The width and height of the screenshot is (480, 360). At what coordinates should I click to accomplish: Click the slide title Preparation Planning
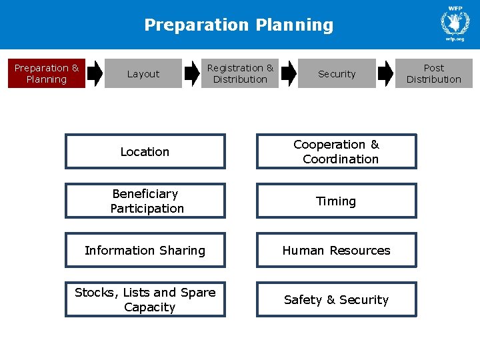click(239, 25)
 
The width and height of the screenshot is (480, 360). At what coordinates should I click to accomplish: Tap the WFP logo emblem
click(455, 22)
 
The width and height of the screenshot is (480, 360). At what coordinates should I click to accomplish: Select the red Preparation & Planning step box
click(47, 73)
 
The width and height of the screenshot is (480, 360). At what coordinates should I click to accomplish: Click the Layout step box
click(143, 74)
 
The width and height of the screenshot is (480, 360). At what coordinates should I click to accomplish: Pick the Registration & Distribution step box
click(240, 73)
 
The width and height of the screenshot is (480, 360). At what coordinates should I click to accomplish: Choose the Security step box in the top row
click(337, 74)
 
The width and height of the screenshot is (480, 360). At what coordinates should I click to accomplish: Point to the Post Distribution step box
click(433, 73)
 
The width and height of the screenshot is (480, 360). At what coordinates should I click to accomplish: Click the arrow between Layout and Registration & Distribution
click(192, 73)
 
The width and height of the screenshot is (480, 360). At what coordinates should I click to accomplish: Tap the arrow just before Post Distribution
click(385, 73)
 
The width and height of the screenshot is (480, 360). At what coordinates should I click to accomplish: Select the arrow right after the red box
click(95, 73)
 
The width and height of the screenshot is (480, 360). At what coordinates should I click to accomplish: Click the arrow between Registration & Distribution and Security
click(289, 73)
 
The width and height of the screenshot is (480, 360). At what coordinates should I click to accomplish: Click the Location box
click(145, 152)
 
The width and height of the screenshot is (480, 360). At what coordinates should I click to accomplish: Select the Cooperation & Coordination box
click(336, 152)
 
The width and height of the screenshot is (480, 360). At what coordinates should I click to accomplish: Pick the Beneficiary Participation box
click(145, 201)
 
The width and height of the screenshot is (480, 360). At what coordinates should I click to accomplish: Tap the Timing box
click(336, 201)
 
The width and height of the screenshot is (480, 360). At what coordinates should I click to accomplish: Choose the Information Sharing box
click(145, 251)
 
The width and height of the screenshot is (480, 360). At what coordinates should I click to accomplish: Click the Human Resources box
click(336, 251)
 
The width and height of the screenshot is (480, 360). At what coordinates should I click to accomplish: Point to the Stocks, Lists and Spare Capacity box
click(145, 300)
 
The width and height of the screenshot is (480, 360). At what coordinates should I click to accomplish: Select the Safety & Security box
click(336, 300)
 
